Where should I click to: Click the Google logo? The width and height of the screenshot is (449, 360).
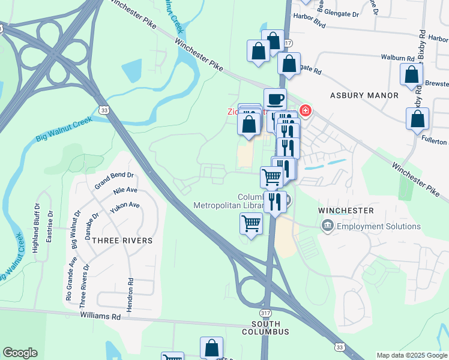20,353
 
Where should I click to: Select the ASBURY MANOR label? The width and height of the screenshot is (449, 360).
364,95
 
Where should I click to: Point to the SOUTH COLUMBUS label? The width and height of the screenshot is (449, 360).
266,332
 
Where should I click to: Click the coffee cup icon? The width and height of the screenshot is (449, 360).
275,99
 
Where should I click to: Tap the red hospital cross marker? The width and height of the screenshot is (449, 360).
306,110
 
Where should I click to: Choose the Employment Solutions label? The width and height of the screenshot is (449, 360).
378,226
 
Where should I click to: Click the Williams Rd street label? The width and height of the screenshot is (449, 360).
100,316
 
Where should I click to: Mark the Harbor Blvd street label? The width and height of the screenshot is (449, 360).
308,25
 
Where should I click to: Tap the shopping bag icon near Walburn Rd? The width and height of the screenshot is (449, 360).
412,74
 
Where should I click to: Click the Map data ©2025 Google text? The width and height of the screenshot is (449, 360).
411,355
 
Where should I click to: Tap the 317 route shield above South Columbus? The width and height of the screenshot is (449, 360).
266,314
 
